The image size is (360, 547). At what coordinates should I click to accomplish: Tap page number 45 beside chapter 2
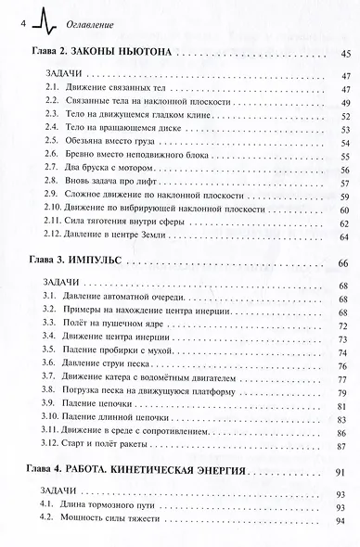tap(344, 56)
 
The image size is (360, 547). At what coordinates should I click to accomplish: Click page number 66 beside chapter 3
tap(344, 264)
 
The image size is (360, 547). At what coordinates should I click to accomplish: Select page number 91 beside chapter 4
tap(344, 472)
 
